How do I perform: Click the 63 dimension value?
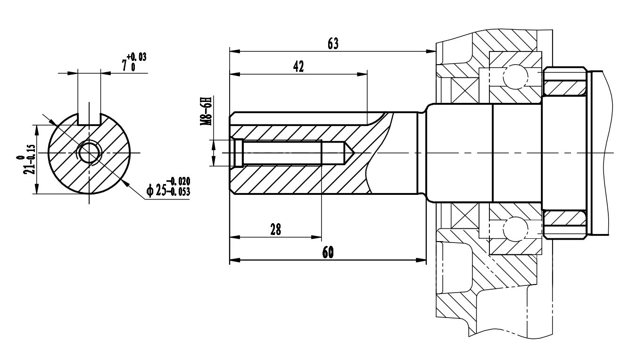coord(333,43)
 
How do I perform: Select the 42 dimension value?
coord(298,67)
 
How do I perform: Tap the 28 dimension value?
coord(276,230)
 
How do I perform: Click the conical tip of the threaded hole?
coord(348,153)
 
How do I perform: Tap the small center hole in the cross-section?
coord(89,153)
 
